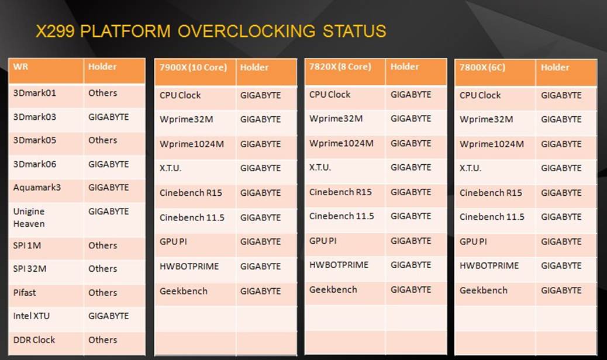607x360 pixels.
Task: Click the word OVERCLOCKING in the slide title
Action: tap(247, 31)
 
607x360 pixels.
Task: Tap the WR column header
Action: tap(20, 67)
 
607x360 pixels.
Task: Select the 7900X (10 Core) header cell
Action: tap(193, 67)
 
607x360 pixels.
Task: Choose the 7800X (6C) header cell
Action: tap(482, 67)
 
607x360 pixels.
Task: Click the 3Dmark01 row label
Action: tap(35, 93)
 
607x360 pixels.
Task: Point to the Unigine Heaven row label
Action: tap(29, 217)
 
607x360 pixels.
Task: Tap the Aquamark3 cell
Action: tap(37, 188)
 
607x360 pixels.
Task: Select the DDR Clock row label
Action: tap(34, 340)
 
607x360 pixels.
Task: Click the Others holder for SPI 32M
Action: tap(102, 269)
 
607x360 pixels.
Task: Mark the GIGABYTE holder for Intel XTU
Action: tap(109, 316)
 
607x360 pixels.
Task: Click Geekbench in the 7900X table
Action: tap(184, 290)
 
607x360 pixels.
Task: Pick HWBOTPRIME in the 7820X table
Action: tap(339, 265)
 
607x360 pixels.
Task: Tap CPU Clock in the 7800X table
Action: tap(480, 95)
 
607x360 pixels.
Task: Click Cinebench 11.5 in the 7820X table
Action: tap(342, 216)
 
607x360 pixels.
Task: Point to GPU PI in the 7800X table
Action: tap(473, 241)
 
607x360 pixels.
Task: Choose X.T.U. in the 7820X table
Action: tap(320, 167)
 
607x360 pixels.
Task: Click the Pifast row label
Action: tap(25, 292)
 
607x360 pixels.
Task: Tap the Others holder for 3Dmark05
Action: tap(102, 140)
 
